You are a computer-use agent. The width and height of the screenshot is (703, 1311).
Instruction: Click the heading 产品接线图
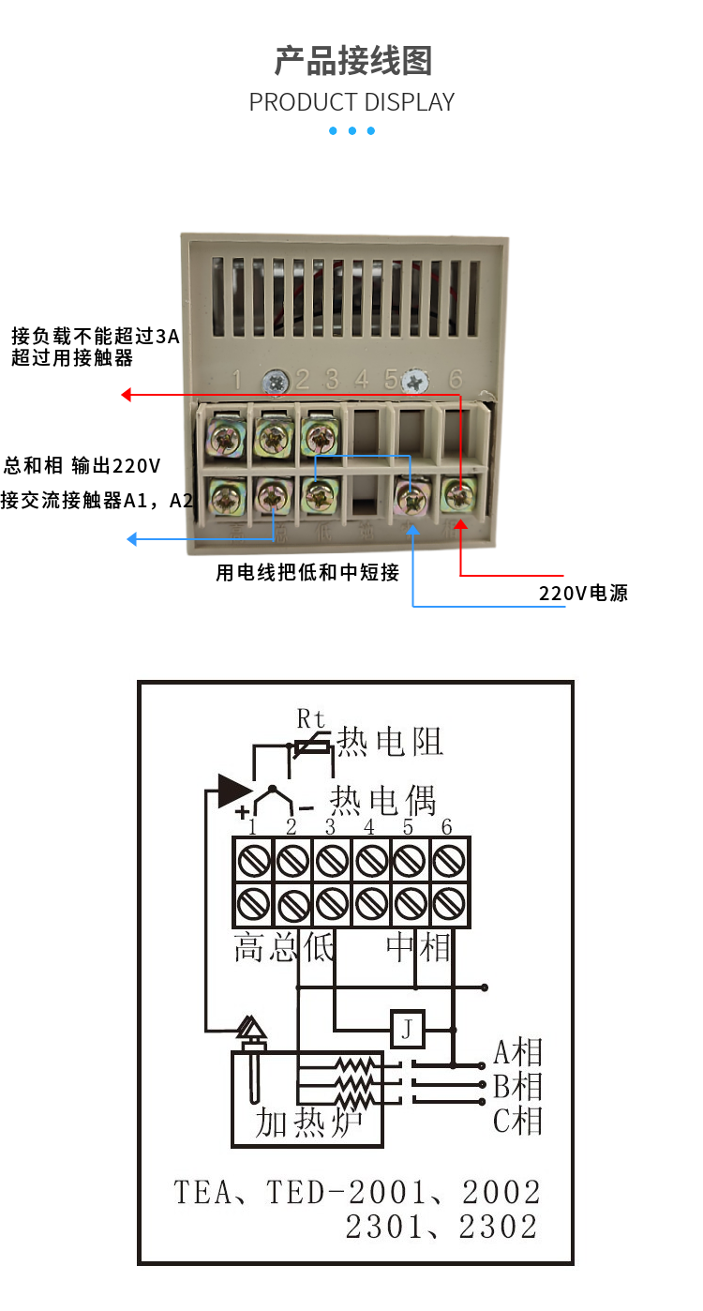click(352, 61)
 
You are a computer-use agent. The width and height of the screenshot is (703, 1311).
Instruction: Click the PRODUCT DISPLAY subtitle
click(351, 102)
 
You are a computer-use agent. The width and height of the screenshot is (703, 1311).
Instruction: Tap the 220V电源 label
click(583, 593)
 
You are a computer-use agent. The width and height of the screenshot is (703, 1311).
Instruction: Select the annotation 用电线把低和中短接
click(307, 572)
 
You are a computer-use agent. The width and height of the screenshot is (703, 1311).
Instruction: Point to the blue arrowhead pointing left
click(132, 539)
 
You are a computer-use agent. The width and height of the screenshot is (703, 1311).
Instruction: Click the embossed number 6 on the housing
click(456, 379)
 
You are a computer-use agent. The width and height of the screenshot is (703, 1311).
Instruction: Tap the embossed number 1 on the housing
click(236, 380)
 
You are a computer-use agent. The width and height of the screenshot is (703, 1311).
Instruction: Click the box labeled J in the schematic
click(407, 1030)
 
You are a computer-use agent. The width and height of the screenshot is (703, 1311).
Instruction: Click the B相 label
click(518, 1087)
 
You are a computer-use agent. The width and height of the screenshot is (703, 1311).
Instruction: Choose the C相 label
click(518, 1121)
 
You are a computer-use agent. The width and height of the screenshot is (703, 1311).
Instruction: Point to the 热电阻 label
click(390, 742)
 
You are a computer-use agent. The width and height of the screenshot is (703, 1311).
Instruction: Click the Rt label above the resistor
click(311, 719)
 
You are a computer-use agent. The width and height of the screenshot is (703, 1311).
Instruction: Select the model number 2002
click(501, 1192)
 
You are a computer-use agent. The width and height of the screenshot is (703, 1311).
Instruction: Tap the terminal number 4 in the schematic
click(369, 827)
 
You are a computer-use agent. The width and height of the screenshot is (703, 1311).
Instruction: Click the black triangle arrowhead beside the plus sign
click(233, 790)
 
